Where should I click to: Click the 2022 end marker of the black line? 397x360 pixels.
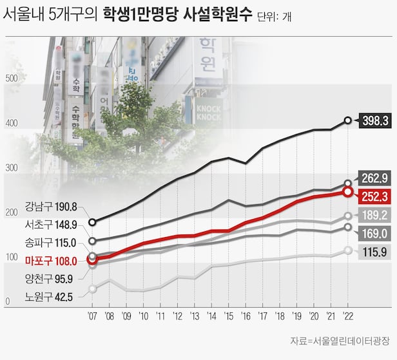(x=348, y=120)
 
